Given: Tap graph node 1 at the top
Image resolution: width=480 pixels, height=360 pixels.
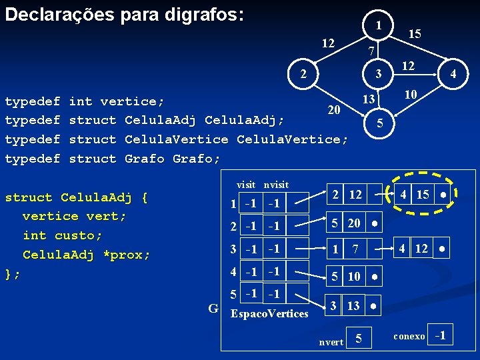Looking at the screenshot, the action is click(378, 26).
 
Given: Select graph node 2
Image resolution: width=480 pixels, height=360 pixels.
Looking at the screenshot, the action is click(303, 73).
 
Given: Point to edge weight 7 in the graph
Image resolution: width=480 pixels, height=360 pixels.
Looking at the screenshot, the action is click(373, 51).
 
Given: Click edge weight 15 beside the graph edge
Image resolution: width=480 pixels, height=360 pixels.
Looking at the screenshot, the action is click(415, 33).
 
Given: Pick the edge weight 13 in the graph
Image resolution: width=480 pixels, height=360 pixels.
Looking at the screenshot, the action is click(368, 100).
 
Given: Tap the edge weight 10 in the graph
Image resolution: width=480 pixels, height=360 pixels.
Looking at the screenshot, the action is click(411, 95).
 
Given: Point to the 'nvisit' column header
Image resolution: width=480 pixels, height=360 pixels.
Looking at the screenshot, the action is click(275, 185).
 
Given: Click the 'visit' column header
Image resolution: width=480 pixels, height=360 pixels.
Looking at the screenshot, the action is click(247, 185).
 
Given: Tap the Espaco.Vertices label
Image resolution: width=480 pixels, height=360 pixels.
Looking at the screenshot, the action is click(269, 313).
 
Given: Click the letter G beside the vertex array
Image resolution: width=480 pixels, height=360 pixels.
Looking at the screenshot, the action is click(213, 308).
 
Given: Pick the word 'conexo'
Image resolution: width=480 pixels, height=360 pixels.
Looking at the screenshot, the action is click(409, 337).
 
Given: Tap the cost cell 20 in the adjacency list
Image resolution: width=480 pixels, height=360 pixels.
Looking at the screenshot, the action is click(353, 223).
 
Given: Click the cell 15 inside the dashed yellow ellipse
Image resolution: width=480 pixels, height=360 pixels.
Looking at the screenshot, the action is click(423, 195).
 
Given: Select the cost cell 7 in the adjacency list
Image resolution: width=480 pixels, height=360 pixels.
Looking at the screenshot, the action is click(355, 250).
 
